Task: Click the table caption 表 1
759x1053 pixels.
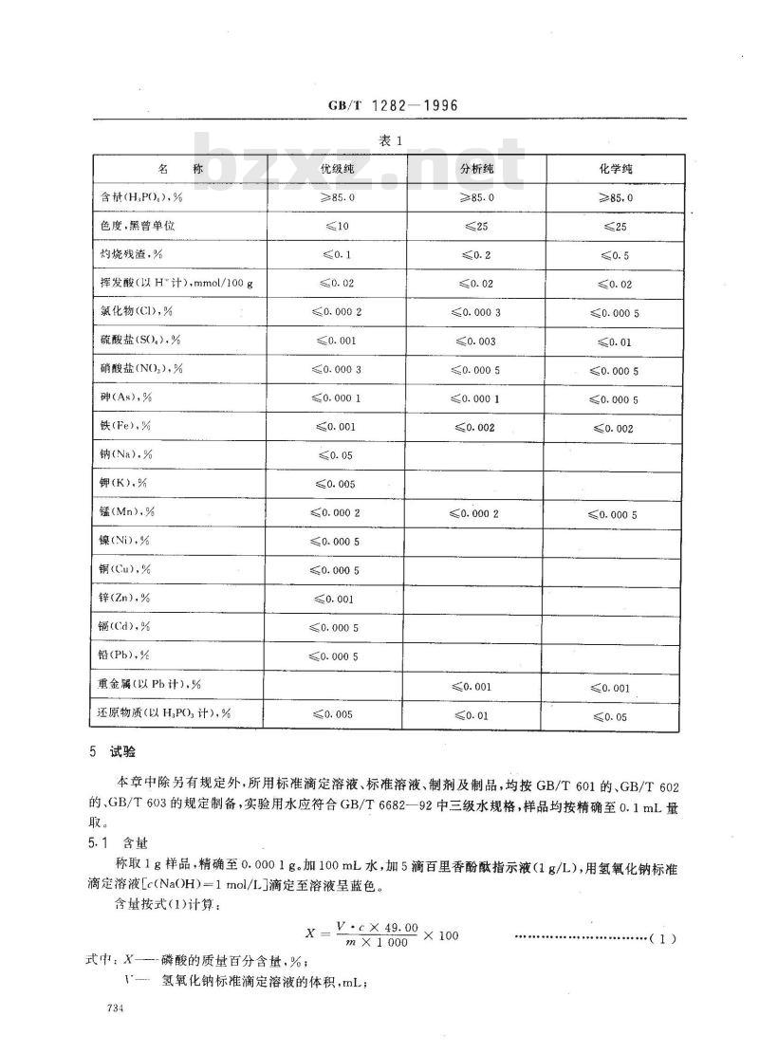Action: point(392,140)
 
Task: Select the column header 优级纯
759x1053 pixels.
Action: point(337,169)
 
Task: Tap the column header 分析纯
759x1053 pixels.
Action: point(477,169)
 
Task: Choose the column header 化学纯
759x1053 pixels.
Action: point(615,169)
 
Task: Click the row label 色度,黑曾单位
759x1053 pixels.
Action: point(139,226)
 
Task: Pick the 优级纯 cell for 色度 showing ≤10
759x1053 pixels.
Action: point(337,226)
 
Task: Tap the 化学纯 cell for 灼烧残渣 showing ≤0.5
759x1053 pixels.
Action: point(614,255)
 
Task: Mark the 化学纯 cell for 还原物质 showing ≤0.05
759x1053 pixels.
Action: point(614,716)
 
